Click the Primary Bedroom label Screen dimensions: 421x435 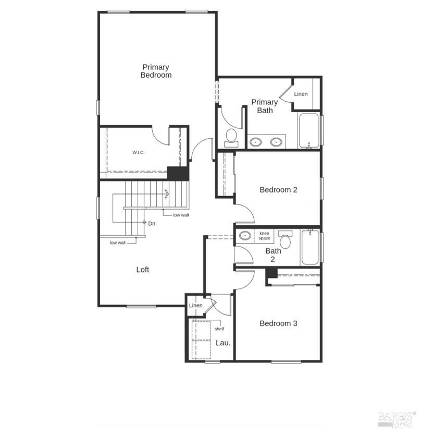tap(156, 71)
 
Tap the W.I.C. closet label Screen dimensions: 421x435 tap(138, 152)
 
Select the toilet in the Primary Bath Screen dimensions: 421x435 tap(231, 138)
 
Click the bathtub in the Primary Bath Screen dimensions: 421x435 tap(309, 130)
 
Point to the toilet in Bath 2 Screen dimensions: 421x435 tap(285, 239)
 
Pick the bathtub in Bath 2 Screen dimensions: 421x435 tap(310, 247)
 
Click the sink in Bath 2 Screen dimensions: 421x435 tap(245, 236)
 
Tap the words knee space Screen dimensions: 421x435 tap(264, 236)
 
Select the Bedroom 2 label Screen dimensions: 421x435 tap(278, 190)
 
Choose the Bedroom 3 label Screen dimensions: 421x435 tap(278, 323)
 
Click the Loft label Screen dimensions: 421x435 tap(142, 270)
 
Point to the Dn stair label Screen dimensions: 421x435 tap(152, 224)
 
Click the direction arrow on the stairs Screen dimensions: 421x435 tap(167, 194)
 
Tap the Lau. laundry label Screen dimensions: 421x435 tap(223, 343)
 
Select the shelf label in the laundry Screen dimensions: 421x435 tap(219, 329)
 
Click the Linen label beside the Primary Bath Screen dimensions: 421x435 tap(301, 94)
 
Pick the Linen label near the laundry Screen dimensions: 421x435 tap(196, 306)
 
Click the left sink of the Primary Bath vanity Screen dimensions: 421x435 tap(255, 142)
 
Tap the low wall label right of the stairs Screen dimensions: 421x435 tap(181, 215)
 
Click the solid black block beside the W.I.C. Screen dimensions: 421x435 tap(178, 173)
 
